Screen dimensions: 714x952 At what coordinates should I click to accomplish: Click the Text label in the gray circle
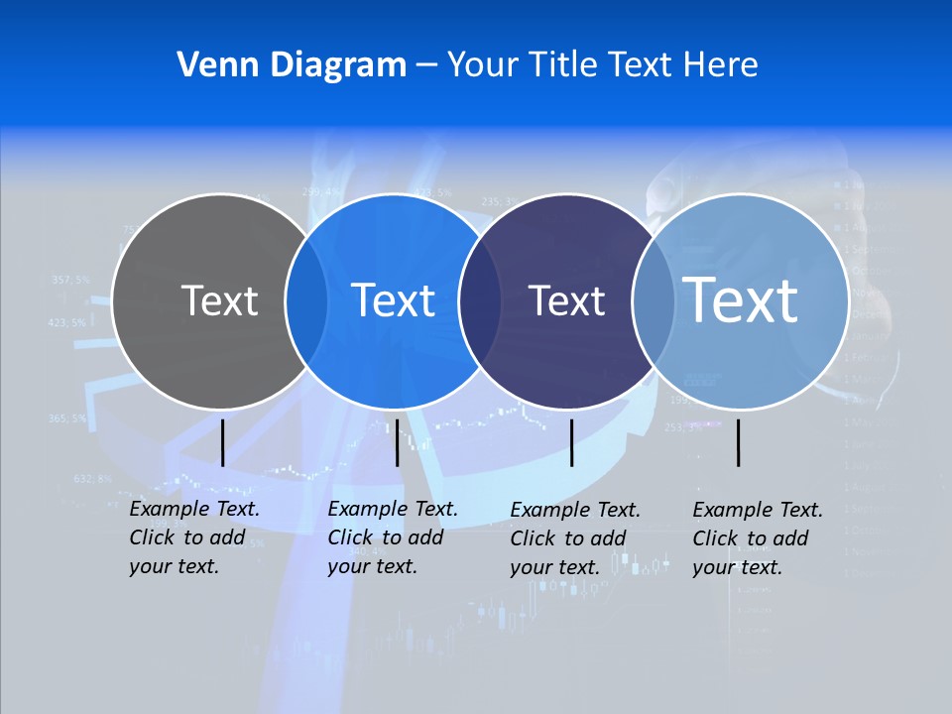pos(219,300)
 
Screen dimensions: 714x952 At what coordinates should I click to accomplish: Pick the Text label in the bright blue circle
pos(394,300)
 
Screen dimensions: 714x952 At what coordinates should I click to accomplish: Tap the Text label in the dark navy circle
pos(566,300)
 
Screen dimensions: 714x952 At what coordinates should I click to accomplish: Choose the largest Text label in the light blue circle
pos(741,300)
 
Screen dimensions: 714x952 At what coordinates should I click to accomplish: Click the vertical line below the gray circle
pos(222,442)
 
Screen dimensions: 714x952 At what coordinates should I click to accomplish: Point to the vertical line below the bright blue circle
pos(397,442)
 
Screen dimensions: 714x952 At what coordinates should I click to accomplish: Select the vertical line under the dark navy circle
pos(571,442)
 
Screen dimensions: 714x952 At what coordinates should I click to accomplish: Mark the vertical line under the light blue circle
pos(739,442)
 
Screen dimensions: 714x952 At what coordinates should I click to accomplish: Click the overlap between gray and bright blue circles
pos(306,300)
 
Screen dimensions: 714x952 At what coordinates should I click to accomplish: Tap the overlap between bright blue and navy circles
pos(480,300)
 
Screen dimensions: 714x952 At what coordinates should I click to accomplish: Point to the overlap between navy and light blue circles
pos(653,300)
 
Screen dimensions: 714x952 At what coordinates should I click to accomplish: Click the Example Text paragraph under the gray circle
pos(194,537)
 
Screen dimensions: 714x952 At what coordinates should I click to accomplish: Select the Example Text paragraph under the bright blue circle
pos(393,537)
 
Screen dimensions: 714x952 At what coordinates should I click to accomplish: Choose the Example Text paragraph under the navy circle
pos(575,538)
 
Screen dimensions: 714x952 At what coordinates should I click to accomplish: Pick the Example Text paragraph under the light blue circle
pos(758,538)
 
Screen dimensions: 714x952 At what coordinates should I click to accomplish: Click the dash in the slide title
pos(426,65)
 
